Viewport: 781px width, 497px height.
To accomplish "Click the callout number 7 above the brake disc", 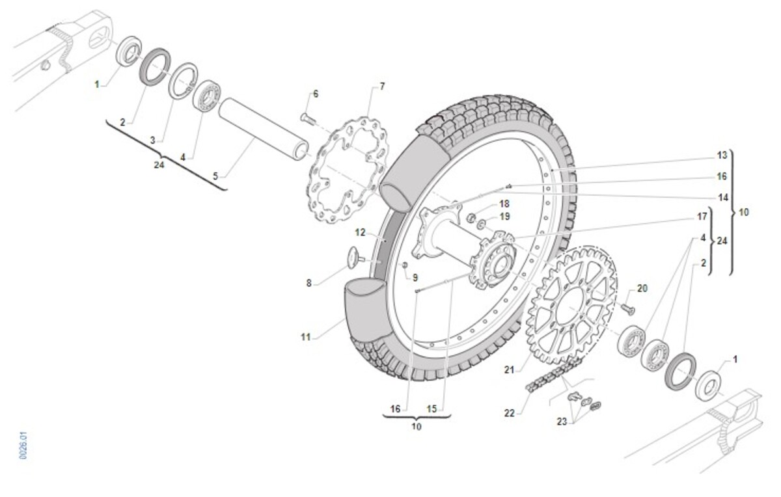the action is (382, 87).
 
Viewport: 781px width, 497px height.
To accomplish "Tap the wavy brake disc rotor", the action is (348, 171).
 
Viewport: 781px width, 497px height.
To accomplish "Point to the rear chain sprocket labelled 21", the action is (571, 304).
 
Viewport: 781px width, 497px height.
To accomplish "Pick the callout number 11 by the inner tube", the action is (306, 337).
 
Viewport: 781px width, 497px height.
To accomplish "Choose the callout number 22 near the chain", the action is (510, 413).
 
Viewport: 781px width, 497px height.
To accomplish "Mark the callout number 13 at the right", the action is (722, 155).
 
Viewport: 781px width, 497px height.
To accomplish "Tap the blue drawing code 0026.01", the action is (23, 446).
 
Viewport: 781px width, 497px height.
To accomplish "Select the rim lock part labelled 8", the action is (355, 258).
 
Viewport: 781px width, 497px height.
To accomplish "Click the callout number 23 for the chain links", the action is (562, 422).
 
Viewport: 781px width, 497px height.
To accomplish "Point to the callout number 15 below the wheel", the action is (432, 409).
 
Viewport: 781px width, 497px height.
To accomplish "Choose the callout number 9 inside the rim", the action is (415, 278).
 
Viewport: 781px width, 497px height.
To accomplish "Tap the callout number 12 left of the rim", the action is (360, 232).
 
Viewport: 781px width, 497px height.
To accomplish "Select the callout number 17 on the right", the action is (702, 217).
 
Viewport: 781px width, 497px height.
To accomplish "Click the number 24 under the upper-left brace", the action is (159, 165).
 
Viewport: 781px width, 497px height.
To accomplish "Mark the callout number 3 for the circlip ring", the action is (153, 140).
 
